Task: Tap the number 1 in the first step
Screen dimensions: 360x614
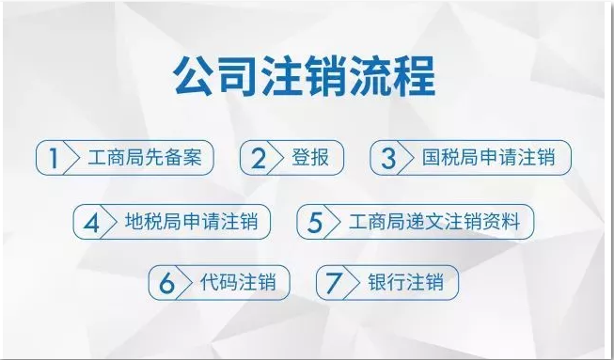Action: pyautogui.click(x=54, y=158)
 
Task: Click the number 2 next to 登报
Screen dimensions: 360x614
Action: pyautogui.click(x=258, y=158)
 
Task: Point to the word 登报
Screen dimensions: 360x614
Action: pyautogui.click(x=311, y=157)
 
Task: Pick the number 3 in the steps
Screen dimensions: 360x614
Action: pyautogui.click(x=387, y=158)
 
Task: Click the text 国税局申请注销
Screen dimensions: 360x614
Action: pyautogui.click(x=489, y=157)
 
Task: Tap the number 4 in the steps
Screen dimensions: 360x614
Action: pyautogui.click(x=91, y=222)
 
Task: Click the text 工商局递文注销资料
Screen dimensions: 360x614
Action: pyautogui.click(x=440, y=222)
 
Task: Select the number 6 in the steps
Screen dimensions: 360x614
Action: pyautogui.click(x=166, y=283)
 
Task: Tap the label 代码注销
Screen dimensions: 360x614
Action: pyautogui.click(x=237, y=282)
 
